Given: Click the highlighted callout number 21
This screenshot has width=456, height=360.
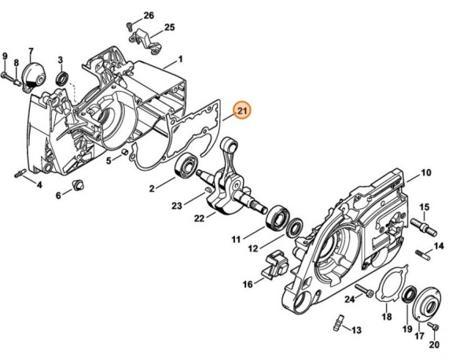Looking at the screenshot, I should pos(243,111).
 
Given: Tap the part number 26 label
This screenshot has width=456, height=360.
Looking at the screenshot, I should pos(149,16).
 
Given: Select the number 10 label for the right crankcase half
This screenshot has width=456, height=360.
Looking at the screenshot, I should pos(425,172).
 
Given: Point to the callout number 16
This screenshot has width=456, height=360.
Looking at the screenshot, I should pos(248,284).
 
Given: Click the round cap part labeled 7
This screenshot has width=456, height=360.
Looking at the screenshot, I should pos(32,75).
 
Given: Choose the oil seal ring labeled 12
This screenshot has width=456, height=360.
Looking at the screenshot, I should pos(294,229).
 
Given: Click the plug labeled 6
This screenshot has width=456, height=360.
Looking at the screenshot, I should pos(78,184).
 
